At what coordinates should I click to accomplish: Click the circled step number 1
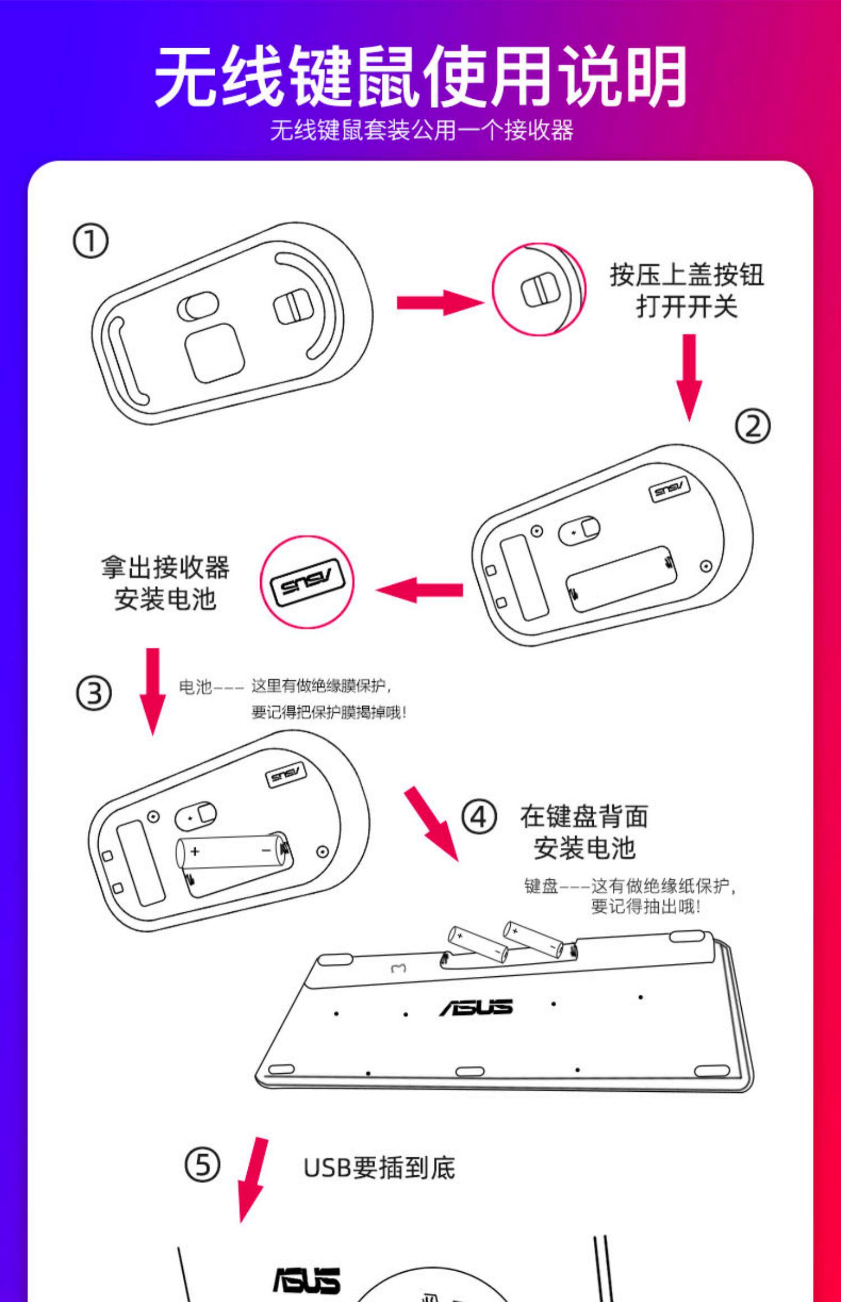(90, 241)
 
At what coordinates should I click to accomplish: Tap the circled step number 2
(752, 426)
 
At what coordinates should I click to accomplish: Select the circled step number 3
(94, 693)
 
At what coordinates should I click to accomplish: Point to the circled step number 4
(479, 818)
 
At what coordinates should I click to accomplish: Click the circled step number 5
(202, 1165)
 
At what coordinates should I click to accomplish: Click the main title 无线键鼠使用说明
(420, 76)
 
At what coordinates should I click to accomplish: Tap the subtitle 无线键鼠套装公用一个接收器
(422, 131)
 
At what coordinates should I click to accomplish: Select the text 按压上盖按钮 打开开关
(686, 290)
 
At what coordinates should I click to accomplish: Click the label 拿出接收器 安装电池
(165, 583)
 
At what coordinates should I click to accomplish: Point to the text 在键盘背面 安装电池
(584, 832)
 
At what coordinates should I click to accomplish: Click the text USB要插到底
(379, 1169)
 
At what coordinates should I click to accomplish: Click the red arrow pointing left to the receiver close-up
(419, 590)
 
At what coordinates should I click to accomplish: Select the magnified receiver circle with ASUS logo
(307, 582)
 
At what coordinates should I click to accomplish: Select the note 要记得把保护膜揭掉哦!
(329, 713)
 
